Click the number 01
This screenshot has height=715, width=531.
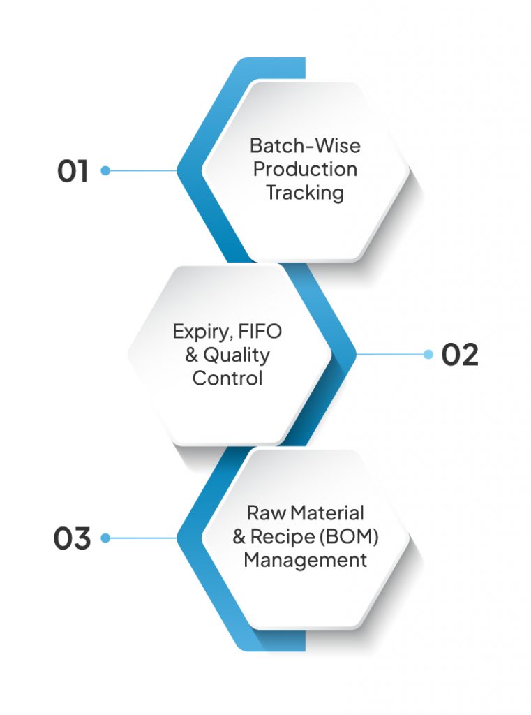click(73, 171)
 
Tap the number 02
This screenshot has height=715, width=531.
click(460, 355)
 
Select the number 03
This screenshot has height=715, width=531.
click(73, 539)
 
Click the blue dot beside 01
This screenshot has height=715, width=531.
click(105, 170)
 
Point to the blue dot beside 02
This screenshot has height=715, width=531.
click(428, 355)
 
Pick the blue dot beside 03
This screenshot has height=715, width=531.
click(105, 538)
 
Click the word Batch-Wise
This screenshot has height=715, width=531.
click(305, 146)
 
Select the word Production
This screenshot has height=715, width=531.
click(305, 169)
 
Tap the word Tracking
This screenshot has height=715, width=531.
click(305, 193)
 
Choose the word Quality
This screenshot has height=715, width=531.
click(236, 355)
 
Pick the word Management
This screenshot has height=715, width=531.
click(305, 560)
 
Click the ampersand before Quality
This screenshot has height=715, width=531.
click(192, 355)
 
